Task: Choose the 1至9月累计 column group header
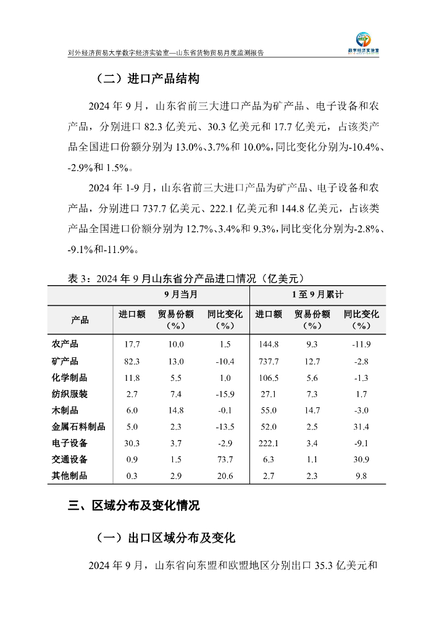tap(317, 294)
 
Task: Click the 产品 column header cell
tap(80, 320)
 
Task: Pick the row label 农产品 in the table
tap(65, 344)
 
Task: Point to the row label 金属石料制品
tap(78, 426)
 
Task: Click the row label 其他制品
tap(69, 476)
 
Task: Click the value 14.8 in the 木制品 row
tap(176, 410)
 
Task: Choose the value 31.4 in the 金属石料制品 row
tap(361, 426)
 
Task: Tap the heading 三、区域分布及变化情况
tap(134, 506)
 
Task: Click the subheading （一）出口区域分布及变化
tap(165, 538)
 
